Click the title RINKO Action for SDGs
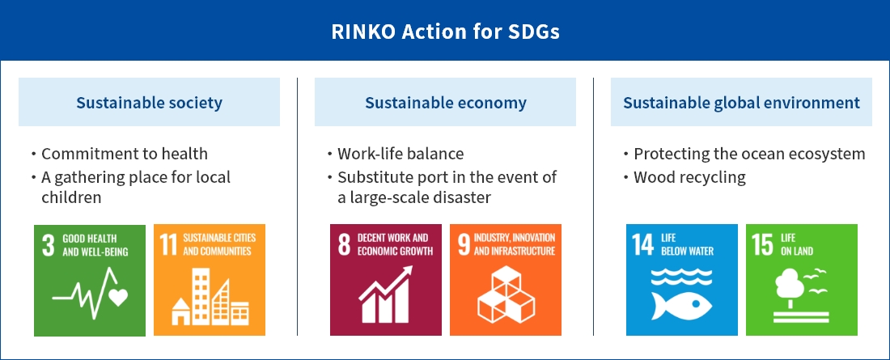click(446, 32)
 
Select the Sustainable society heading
click(150, 103)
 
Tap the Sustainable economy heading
click(446, 103)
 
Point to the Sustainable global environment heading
click(741, 103)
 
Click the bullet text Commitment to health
click(125, 154)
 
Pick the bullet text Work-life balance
click(400, 154)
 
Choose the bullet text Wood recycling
click(689, 177)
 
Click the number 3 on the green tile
click(49, 245)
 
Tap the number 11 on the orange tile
click(168, 245)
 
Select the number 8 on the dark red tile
click(344, 245)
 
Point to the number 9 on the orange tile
click(464, 245)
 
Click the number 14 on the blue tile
click(643, 245)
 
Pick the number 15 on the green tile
click(763, 245)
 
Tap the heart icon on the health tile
click(118, 297)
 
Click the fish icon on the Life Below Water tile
click(681, 306)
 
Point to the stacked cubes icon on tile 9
click(506, 294)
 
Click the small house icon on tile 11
click(181, 311)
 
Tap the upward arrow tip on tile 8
click(409, 269)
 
